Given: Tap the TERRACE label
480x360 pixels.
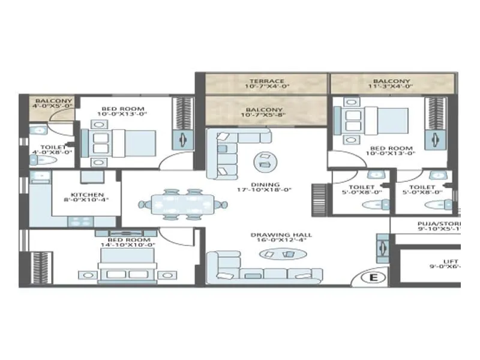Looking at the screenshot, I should tap(267, 81).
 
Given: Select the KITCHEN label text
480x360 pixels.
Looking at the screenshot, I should tap(88, 195).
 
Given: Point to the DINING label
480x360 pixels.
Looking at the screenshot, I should tap(266, 185).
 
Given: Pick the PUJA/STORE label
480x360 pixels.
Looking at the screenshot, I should tap(439, 222).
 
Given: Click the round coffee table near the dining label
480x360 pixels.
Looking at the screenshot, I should tap(263, 161).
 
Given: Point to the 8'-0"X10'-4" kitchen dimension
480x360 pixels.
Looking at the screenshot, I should tap(88, 202).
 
